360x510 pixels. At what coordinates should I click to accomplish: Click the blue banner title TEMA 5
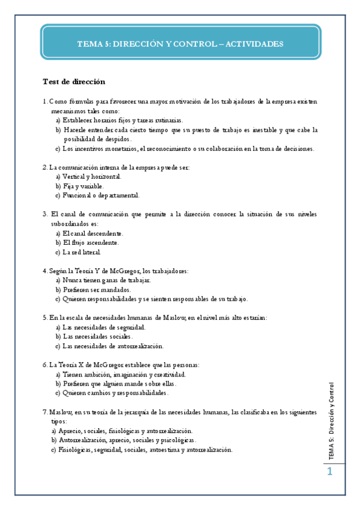pyautogui.click(x=180, y=45)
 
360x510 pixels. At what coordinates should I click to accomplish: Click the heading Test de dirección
pyautogui.click(x=74, y=82)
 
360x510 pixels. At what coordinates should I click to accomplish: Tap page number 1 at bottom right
pyautogui.click(x=329, y=473)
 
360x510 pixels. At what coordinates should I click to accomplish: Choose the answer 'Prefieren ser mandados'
pyautogui.click(x=97, y=289)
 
